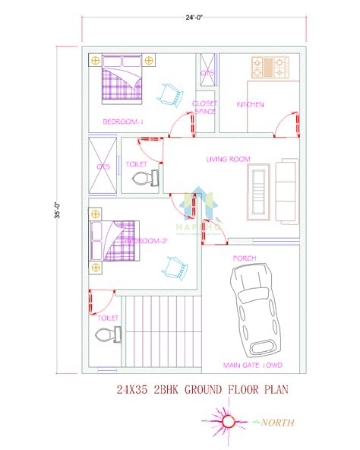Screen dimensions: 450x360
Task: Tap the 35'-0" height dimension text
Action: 57,210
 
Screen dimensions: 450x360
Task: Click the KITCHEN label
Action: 250,105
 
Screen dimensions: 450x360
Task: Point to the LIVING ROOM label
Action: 228,159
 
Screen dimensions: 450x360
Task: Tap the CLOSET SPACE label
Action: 205,107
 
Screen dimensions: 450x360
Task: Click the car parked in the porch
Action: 255,312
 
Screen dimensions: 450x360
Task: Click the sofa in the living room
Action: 288,192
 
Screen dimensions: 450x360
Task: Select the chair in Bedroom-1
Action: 172,93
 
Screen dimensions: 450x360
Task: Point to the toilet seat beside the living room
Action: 144,178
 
